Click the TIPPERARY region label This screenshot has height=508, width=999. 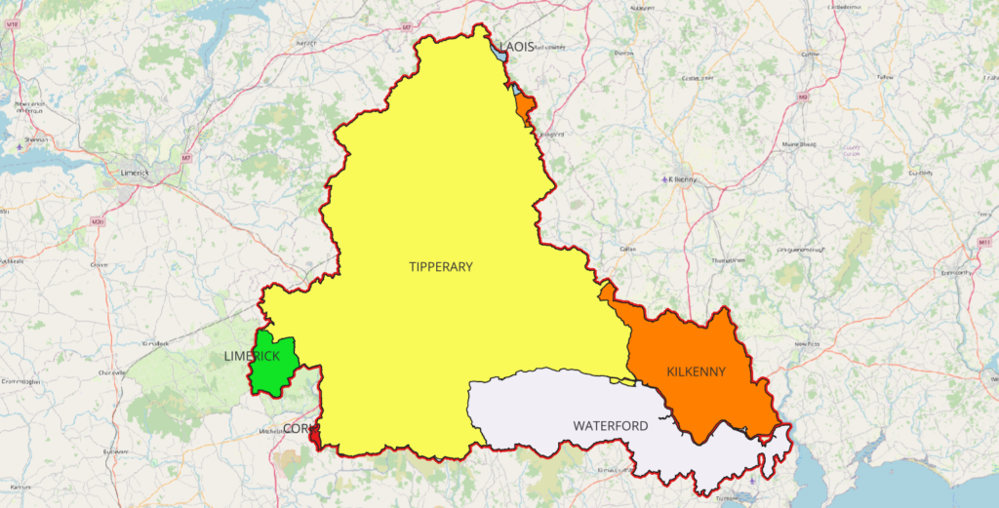[441, 266]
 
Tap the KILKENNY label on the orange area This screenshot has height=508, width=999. [697, 371]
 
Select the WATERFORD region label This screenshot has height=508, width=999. [611, 426]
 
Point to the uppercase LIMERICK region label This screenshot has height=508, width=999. [251, 356]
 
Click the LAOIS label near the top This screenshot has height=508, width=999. [518, 47]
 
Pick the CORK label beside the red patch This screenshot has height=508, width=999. [297, 429]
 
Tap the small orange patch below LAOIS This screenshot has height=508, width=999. [524, 105]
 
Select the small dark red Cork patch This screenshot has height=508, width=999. [314, 439]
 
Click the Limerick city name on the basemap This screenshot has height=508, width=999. [130, 173]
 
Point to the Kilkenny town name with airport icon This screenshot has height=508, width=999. [680, 179]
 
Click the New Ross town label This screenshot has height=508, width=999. [807, 344]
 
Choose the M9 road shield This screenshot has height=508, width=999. [803, 98]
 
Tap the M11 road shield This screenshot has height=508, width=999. [983, 241]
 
